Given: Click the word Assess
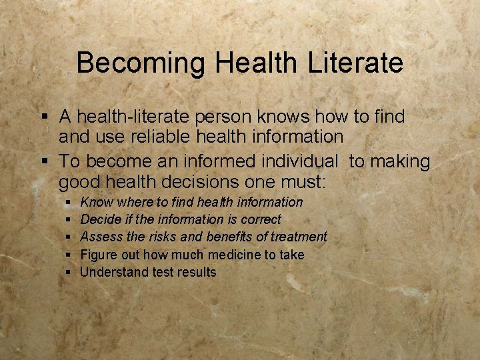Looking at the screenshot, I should pyautogui.click(x=99, y=237).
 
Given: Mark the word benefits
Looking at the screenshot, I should pyautogui.click(x=230, y=237).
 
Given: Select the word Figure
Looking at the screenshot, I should pyautogui.click(x=98, y=255).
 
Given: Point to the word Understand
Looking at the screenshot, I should pyautogui.click(x=110, y=272).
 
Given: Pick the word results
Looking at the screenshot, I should pyautogui.click(x=197, y=272).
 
